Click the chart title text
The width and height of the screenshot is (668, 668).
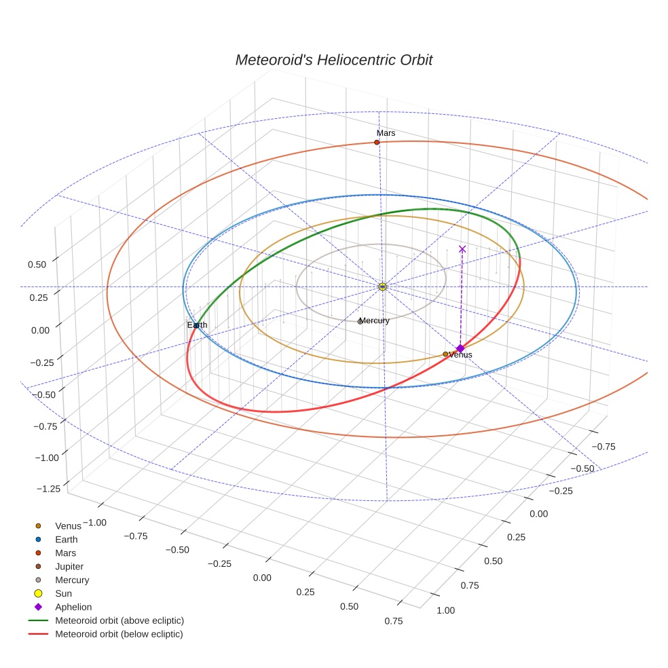coord(333,60)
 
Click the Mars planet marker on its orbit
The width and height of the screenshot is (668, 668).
coord(377,142)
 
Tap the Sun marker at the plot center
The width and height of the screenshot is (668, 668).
coord(382,286)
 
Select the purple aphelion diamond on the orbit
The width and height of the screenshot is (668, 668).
coord(460,348)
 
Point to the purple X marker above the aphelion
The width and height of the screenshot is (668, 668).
coord(462,249)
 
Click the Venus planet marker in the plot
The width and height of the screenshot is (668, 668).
coord(445,354)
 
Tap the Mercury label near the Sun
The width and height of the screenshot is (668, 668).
coord(374,320)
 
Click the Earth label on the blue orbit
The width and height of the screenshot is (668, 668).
coord(198,325)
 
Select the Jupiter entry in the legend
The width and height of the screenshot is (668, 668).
coord(69,566)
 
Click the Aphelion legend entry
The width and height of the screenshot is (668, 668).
coord(73,607)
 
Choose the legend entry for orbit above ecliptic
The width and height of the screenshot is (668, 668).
coord(119,620)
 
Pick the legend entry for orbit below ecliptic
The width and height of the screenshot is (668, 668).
coord(119,634)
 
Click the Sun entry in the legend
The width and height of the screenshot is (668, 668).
coord(63,593)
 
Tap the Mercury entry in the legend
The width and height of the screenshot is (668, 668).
coord(71,580)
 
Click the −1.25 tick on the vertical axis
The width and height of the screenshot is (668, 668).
coord(48,488)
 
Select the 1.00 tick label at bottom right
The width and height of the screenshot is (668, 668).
coord(445,610)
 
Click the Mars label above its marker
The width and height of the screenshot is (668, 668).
coord(386,133)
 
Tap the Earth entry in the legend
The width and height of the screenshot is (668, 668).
coord(66,539)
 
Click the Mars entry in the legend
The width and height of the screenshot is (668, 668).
coord(65,553)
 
